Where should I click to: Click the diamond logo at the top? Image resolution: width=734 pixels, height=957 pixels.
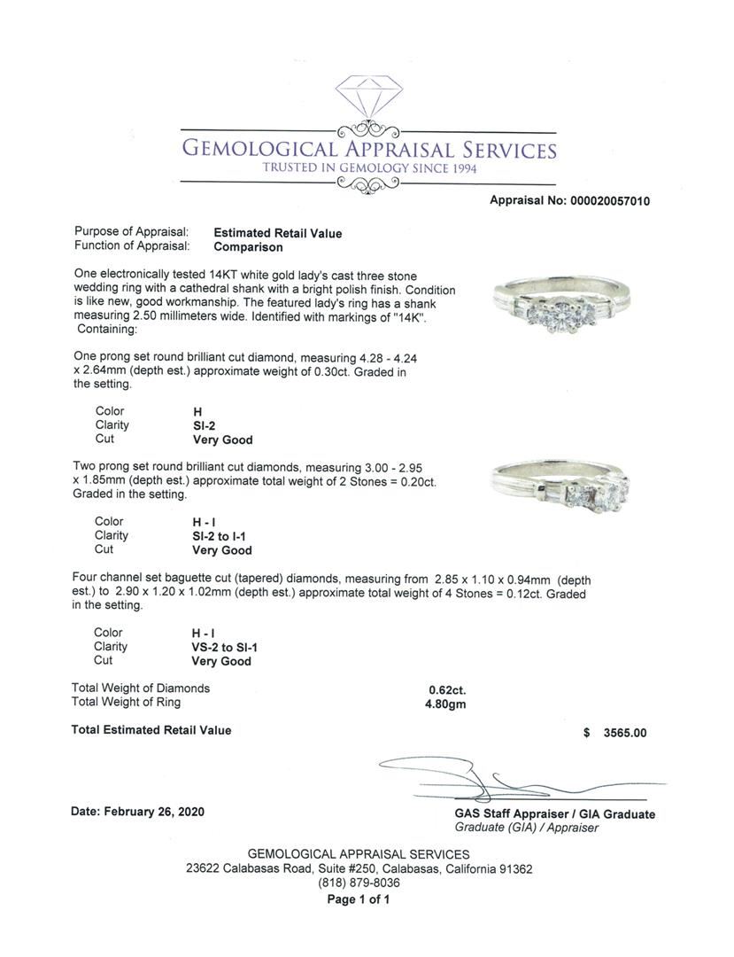click(x=368, y=98)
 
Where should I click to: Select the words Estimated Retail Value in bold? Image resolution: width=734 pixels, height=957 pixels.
click(x=277, y=233)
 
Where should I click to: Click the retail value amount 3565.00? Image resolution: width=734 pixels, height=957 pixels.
click(x=625, y=733)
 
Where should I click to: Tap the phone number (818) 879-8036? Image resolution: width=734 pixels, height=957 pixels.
click(x=359, y=883)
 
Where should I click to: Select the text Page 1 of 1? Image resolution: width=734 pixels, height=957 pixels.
click(x=359, y=899)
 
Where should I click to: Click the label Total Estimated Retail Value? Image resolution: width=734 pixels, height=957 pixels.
click(x=151, y=730)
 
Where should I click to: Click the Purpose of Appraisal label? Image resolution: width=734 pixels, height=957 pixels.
click(x=131, y=232)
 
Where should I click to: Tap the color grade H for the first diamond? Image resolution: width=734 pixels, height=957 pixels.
click(x=197, y=411)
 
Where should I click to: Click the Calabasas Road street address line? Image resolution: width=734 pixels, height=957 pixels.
click(x=359, y=869)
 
